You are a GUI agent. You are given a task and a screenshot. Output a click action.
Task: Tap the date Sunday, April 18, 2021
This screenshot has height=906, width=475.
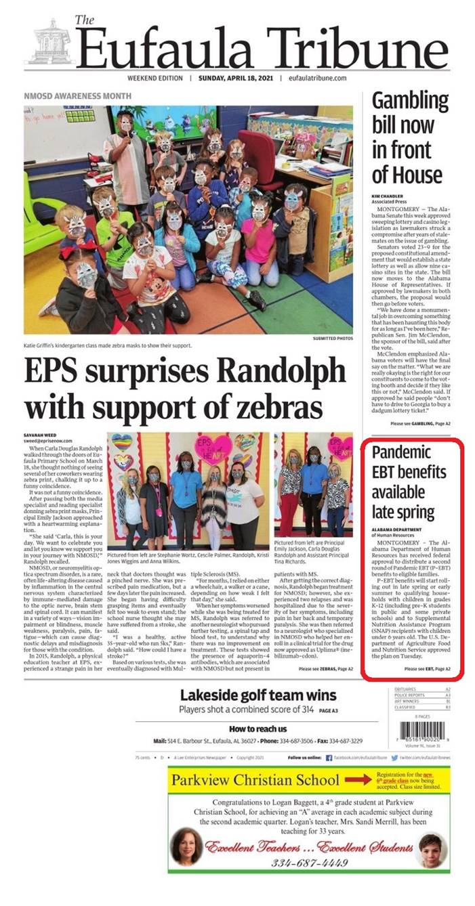[x=241, y=78]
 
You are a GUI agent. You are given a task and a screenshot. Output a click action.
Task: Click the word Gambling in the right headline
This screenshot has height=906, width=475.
[x=410, y=102]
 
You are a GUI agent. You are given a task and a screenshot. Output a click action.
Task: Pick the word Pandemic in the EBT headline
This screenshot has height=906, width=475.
[x=402, y=452]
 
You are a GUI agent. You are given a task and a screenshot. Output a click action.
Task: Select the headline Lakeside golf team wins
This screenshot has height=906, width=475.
[x=258, y=695]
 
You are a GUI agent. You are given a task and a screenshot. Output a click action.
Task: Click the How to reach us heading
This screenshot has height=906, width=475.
[x=257, y=729]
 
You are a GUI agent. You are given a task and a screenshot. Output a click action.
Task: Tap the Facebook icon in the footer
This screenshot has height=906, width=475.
[x=329, y=758]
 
